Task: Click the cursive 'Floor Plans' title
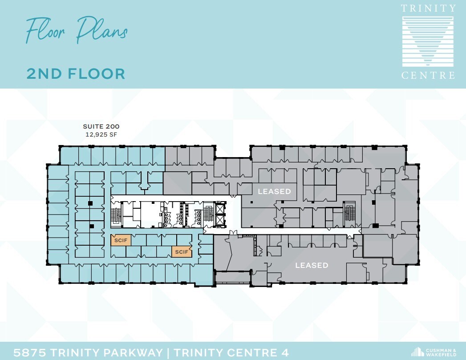(x=76, y=30)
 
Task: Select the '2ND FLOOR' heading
(x=76, y=73)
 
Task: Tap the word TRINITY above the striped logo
(x=428, y=8)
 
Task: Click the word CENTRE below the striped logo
(x=428, y=75)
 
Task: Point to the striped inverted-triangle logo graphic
(x=428, y=41)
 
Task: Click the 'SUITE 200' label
(x=101, y=127)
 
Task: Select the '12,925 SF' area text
(x=101, y=134)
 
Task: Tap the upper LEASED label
(x=275, y=191)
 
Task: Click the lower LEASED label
(x=312, y=265)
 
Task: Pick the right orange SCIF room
(x=181, y=252)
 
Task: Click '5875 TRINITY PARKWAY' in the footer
(x=88, y=353)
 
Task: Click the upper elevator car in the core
(x=219, y=208)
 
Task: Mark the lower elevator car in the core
(x=219, y=219)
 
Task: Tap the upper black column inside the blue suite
(x=90, y=203)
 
